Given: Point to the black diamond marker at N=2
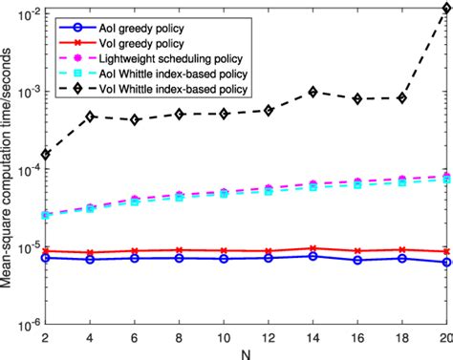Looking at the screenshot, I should [x=46, y=154].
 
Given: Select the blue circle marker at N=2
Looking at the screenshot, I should [x=46, y=257].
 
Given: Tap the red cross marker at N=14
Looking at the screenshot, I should [x=313, y=248].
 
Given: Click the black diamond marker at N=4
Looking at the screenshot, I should [x=91, y=116].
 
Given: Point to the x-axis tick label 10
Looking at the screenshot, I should [x=224, y=337].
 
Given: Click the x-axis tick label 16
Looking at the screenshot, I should [x=357, y=337].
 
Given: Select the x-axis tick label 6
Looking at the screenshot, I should [x=135, y=337].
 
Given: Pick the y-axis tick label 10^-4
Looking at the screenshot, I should [x=25, y=169].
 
